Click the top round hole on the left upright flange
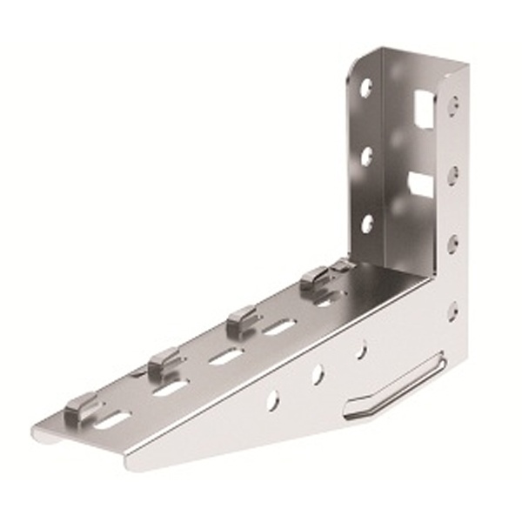366,88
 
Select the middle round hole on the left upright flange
366,156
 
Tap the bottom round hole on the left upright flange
366,224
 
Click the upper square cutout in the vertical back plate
424,110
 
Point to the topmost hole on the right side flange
453,105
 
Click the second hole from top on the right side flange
453,175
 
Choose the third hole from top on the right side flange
453,244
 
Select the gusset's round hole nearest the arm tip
273,400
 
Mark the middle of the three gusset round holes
318,374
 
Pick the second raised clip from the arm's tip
163,359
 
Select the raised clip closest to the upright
315,278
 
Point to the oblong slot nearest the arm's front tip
113,419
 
